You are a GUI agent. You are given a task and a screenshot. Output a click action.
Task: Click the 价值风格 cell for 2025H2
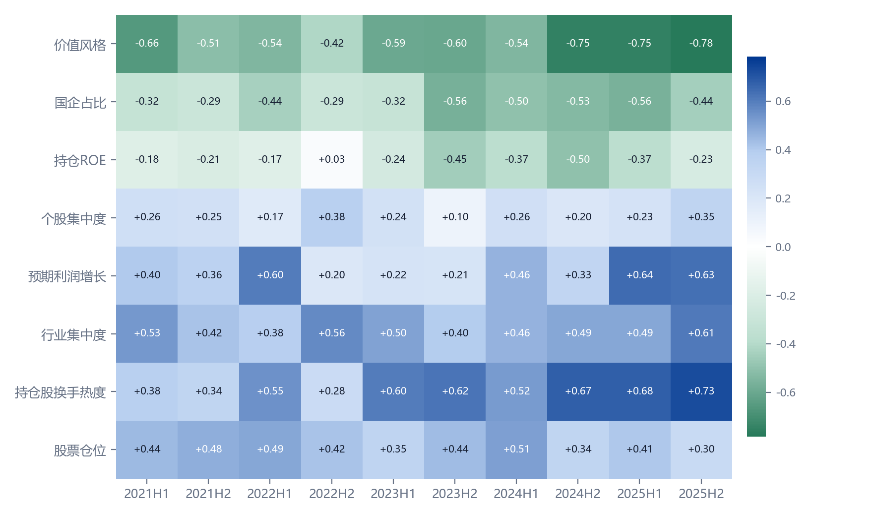[x=701, y=44]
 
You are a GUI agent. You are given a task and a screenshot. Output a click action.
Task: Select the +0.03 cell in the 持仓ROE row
[x=332, y=160]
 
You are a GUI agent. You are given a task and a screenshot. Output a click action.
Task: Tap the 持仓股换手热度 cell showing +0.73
[x=701, y=391]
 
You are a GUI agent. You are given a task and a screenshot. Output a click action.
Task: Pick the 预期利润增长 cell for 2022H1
[x=270, y=275]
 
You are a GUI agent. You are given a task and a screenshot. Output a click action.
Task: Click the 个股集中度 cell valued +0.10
[x=455, y=217]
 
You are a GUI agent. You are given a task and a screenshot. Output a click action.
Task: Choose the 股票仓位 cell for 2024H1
[x=516, y=450]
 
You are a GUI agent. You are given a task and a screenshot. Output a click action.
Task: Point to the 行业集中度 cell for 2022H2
[x=332, y=333]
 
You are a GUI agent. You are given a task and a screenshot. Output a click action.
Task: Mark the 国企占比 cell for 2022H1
[x=270, y=102]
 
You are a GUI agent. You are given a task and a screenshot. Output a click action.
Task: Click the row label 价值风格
[x=80, y=45]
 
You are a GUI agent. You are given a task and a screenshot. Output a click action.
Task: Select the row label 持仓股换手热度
[x=61, y=392]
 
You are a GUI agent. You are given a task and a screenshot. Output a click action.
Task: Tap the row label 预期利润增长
[x=67, y=276]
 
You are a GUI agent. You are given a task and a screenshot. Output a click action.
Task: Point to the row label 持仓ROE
[x=80, y=160]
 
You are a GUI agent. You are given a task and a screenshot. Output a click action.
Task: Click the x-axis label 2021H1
[x=147, y=494]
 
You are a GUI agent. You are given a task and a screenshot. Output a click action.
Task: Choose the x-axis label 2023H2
[x=455, y=494]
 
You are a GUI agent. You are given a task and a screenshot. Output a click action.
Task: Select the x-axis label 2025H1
[x=639, y=494]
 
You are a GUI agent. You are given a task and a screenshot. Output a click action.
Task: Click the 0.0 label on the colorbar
[x=783, y=247]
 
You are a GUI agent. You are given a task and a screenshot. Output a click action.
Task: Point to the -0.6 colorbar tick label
[x=786, y=392]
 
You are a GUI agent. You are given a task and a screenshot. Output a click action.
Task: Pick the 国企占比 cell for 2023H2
[x=455, y=102]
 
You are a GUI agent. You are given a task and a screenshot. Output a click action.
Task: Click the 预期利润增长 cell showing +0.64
[x=640, y=275]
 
